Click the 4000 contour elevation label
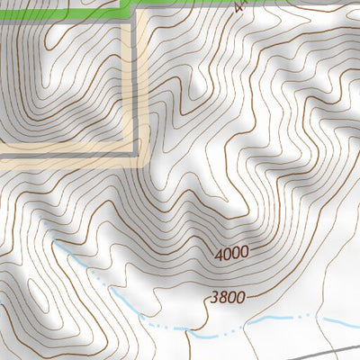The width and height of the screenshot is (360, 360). [231, 254]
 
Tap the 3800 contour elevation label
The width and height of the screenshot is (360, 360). [227, 298]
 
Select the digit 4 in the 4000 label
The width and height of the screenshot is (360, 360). [219, 256]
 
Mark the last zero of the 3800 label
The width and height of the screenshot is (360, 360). [240, 296]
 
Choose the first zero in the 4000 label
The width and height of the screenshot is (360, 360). [228, 255]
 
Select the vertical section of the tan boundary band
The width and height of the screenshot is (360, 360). [139, 90]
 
